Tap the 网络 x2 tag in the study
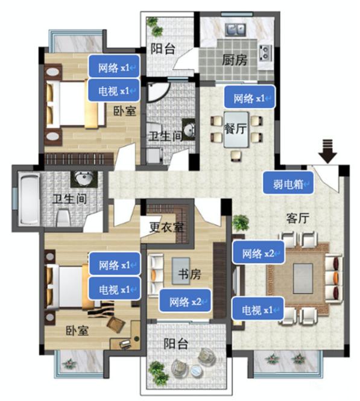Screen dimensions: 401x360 point(185,301)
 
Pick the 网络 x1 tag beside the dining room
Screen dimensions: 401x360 point(248,97)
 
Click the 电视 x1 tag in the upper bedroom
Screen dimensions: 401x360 point(114,90)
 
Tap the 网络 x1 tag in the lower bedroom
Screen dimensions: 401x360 point(115,265)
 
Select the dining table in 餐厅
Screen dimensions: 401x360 point(236,128)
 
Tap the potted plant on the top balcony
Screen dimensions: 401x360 point(154,26)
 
